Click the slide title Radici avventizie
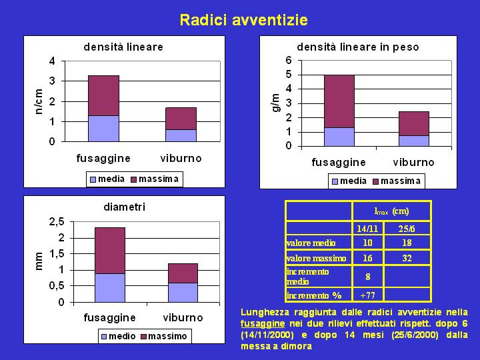[x=243, y=20]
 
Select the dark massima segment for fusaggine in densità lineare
[x=103, y=95]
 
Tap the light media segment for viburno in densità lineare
[x=181, y=135]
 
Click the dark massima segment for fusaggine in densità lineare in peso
[x=339, y=101]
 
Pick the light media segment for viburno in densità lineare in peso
[x=414, y=141]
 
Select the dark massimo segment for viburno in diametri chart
[x=183, y=273]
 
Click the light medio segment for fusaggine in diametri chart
[x=110, y=288]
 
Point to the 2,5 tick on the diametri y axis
[x=57, y=221]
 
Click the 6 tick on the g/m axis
[x=289, y=60]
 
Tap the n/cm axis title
[x=39, y=101]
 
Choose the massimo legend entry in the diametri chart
[x=164, y=336]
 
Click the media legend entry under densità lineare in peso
[x=349, y=181]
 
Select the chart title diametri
[x=124, y=207]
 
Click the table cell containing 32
[x=407, y=258]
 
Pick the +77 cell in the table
[x=367, y=295]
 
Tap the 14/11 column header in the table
[x=367, y=229]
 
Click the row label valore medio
[x=311, y=243]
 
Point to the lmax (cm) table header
[x=391, y=211]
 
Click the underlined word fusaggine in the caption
[x=263, y=323]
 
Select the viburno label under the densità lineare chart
[x=181, y=158]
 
